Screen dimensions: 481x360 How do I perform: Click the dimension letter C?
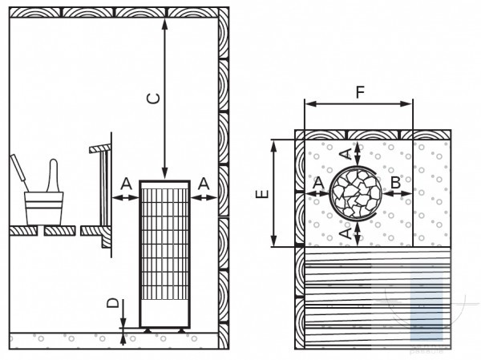153,99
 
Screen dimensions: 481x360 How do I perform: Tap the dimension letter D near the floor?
112,303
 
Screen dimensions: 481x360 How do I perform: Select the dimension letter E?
262,194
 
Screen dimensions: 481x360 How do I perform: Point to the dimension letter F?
360,92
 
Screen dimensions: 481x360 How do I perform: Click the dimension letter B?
396,183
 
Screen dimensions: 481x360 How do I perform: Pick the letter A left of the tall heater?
126,184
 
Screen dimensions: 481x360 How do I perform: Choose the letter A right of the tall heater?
204,184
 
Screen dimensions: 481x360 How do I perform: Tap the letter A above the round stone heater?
346,154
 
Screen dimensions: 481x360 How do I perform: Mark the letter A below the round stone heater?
346,233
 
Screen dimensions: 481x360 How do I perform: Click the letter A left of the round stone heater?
319,183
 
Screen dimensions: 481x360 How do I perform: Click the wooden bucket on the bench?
44,208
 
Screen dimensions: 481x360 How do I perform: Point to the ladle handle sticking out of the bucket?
19,172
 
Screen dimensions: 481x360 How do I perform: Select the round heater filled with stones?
356,193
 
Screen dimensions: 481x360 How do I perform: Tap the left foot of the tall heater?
148,330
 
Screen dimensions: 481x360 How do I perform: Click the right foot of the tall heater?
181,330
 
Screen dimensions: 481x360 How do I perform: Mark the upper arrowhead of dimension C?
164,24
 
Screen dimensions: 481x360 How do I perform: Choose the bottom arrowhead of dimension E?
274,241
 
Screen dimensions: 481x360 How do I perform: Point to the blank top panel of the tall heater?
164,184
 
